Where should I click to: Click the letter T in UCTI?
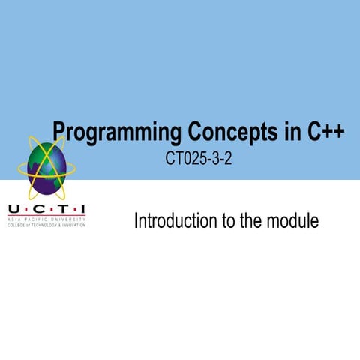click(x=58, y=208)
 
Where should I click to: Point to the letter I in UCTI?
click(x=81, y=208)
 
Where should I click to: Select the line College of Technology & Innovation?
click(x=46, y=224)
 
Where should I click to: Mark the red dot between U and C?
click(x=23, y=209)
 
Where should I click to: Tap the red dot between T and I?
click(x=70, y=209)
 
